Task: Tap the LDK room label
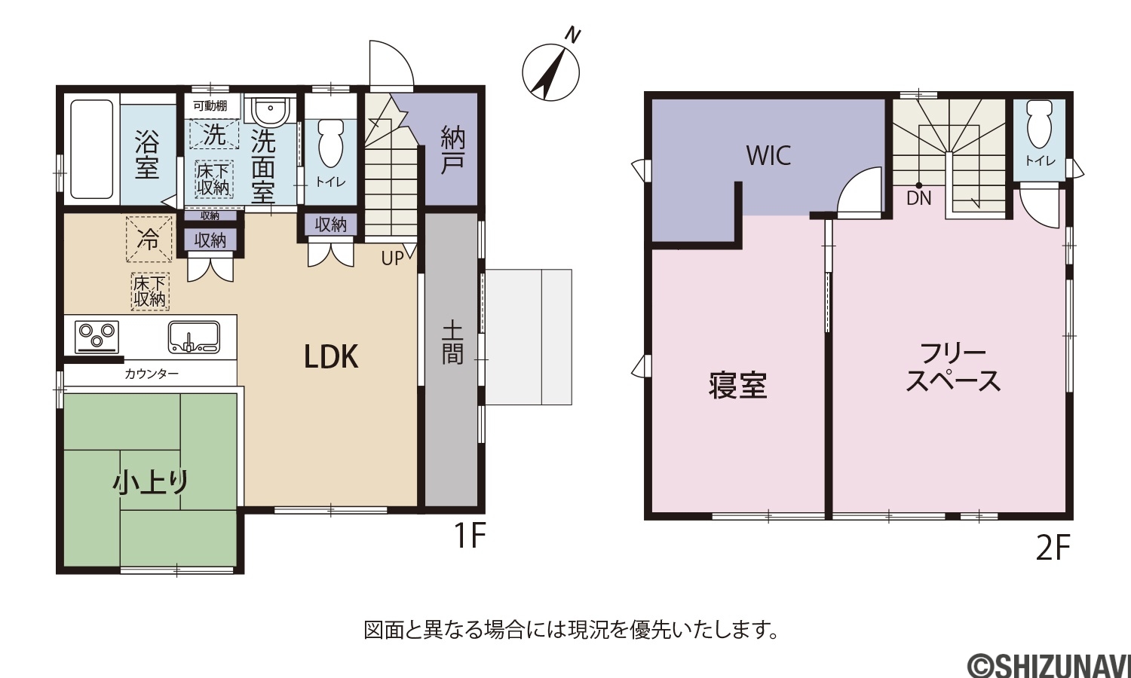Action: pos(331,356)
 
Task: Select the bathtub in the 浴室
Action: pos(91,149)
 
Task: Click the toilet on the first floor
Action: pos(331,143)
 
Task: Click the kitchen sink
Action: pos(194,337)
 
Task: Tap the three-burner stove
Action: pos(97,337)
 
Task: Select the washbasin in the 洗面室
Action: pos(271,111)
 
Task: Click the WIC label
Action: pos(768,156)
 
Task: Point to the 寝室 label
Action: pos(737,386)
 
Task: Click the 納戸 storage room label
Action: pos(452,150)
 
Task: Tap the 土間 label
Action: pos(452,344)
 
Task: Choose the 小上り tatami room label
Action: pos(151,482)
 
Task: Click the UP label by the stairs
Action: pos(392,258)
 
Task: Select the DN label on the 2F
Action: pos(919,198)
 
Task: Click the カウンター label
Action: pos(152,374)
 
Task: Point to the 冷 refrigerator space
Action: pos(149,239)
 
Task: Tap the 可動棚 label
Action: pos(210,105)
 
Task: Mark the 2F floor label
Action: pos(1053,548)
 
